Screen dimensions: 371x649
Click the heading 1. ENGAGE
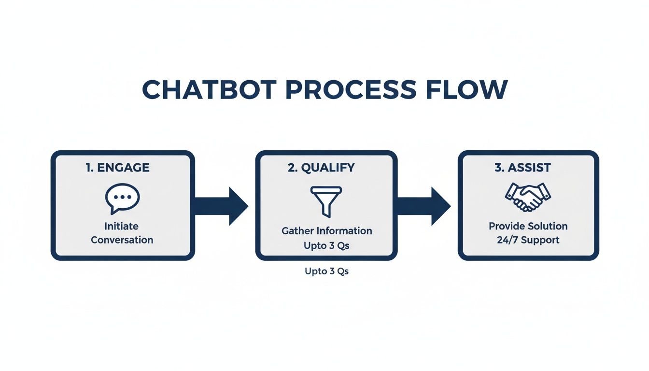coord(118,168)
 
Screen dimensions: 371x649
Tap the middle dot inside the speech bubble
coord(122,197)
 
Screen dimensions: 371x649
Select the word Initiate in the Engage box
coord(122,226)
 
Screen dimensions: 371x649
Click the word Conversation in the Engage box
coord(122,240)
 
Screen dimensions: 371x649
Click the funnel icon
coord(326,201)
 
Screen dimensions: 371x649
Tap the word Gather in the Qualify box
coord(297,231)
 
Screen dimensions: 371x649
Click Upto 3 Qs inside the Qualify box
coord(326,245)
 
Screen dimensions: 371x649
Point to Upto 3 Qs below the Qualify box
coord(326,271)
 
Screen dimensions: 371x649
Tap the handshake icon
coord(528,197)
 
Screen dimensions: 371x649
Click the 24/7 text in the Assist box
coord(507,240)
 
